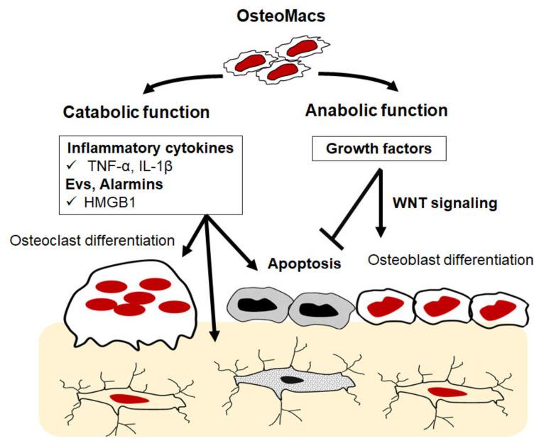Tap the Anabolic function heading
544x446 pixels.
[376, 111]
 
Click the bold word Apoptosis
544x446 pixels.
[299, 263]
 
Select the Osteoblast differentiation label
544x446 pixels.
[450, 259]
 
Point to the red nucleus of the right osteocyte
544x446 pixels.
[446, 392]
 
